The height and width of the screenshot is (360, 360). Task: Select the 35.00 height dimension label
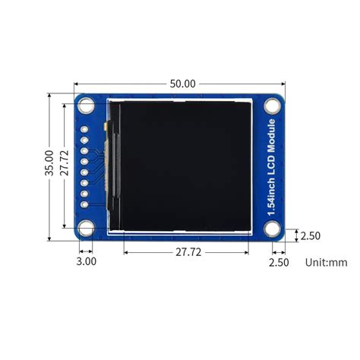pyautogui.click(x=49, y=163)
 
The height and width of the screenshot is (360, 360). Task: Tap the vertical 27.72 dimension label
pyautogui.click(x=65, y=163)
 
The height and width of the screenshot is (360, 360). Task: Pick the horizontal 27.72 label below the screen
pyautogui.click(x=188, y=252)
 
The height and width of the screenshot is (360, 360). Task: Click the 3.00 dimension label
pyautogui.click(x=87, y=261)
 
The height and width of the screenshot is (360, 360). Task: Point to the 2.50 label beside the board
pyautogui.click(x=310, y=235)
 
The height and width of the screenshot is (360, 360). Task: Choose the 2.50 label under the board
pyautogui.click(x=279, y=262)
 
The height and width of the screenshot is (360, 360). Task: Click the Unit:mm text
pyautogui.click(x=326, y=262)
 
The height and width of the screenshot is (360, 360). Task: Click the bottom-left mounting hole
pyautogui.click(x=86, y=226)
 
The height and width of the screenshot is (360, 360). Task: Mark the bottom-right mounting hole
pyautogui.click(x=273, y=226)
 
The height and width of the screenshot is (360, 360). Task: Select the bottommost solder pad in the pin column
pyautogui.click(x=84, y=204)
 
